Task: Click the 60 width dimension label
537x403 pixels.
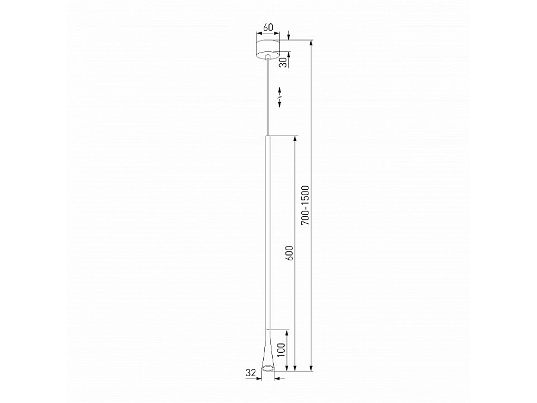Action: pyautogui.click(x=268, y=27)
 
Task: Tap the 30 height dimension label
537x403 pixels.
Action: pyautogui.click(x=283, y=62)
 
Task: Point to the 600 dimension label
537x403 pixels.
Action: pyautogui.click(x=290, y=253)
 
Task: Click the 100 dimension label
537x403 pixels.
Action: pyautogui.click(x=282, y=349)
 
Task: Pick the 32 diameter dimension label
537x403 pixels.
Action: pyautogui.click(x=251, y=373)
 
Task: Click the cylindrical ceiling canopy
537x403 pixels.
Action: pyautogui.click(x=268, y=49)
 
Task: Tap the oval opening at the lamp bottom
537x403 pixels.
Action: pyautogui.click(x=268, y=368)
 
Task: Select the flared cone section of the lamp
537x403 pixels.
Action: pyautogui.click(x=268, y=349)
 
